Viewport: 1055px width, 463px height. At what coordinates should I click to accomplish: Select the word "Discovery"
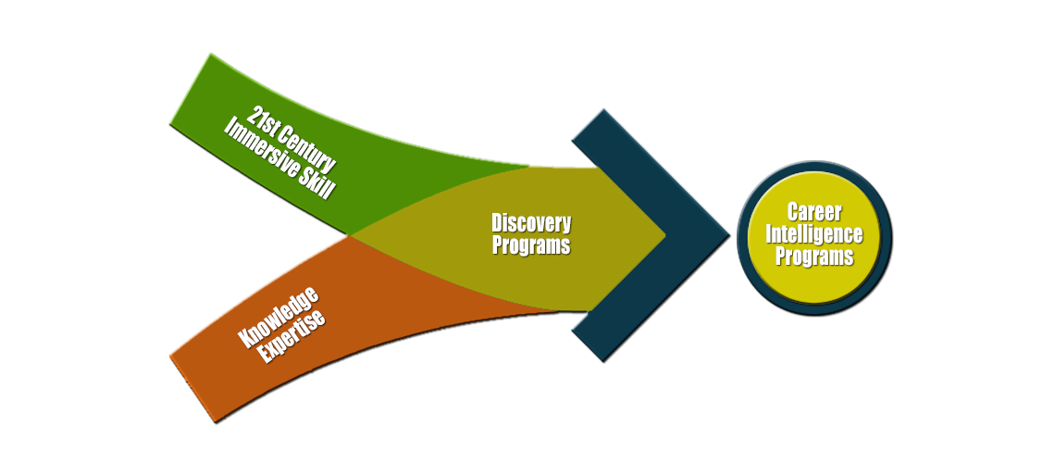(x=531, y=223)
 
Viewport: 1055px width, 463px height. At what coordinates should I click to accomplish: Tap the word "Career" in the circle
(x=813, y=212)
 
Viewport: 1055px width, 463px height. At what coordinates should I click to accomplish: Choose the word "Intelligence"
(x=813, y=233)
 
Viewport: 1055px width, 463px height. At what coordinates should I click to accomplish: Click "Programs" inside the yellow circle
(x=813, y=256)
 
